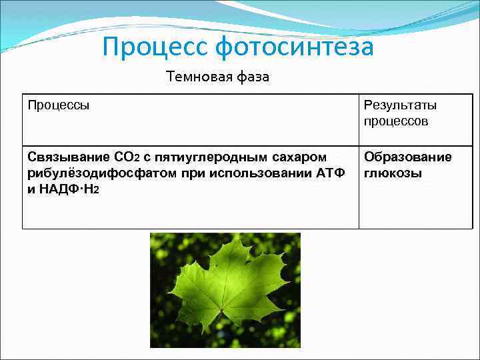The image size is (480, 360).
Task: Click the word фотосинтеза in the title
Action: pos(295,47)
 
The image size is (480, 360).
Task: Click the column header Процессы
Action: pos(59,105)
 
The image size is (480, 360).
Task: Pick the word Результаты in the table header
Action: pos(400,105)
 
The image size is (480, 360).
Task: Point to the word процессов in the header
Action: pos(396,121)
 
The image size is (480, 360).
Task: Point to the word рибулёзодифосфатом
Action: pos(98,173)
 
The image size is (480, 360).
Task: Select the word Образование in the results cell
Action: pos(407,157)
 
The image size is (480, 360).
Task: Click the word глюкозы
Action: pos(393,173)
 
